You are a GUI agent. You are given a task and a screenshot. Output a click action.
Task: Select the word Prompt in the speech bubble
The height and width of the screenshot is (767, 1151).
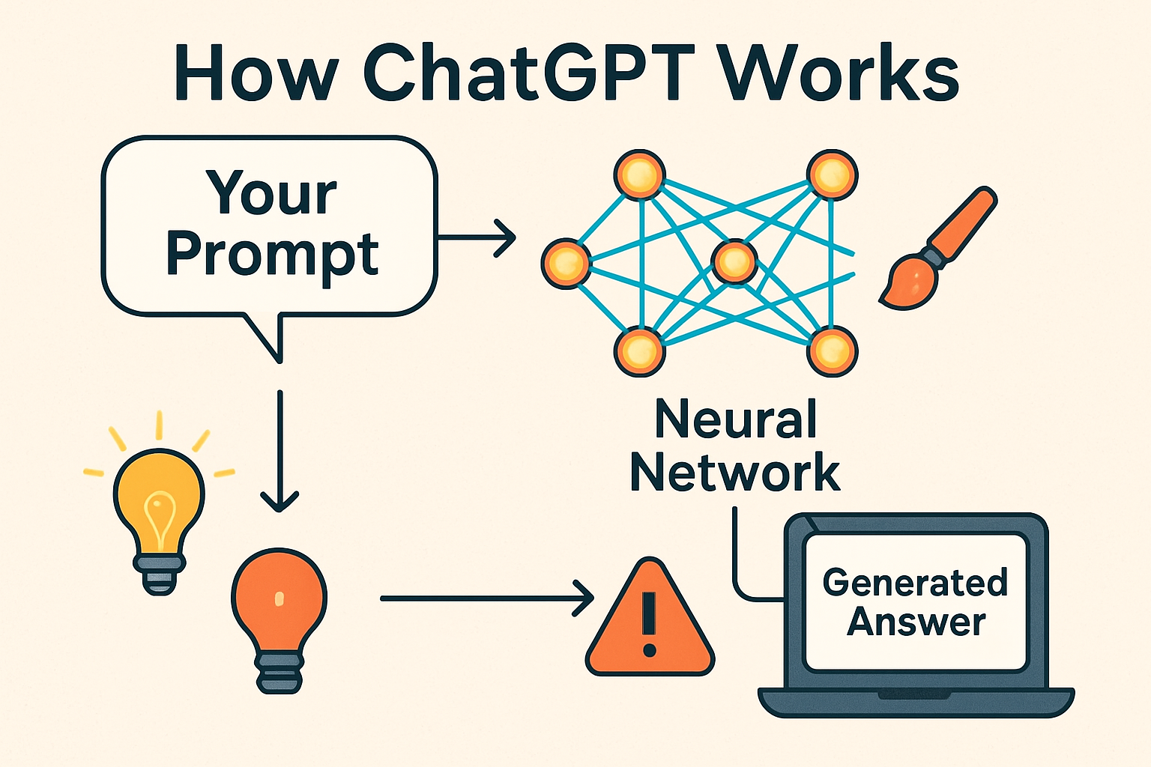point(272,255)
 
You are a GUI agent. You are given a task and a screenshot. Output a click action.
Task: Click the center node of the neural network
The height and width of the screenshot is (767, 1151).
point(734,261)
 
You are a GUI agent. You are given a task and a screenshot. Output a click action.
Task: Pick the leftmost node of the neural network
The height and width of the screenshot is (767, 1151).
point(566,263)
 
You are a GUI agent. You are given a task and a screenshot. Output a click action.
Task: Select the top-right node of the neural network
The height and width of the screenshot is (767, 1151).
point(832,175)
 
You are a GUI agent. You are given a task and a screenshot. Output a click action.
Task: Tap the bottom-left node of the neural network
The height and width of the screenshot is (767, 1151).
point(639,351)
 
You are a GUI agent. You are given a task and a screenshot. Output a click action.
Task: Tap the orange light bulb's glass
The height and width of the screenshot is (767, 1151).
point(279,599)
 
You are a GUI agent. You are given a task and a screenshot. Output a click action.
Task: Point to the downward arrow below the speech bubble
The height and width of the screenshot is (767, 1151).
point(280,449)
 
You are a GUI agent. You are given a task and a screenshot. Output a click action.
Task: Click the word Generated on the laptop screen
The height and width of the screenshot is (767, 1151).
point(915,583)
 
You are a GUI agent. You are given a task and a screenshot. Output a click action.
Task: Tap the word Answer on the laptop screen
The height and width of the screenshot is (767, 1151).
point(916,622)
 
